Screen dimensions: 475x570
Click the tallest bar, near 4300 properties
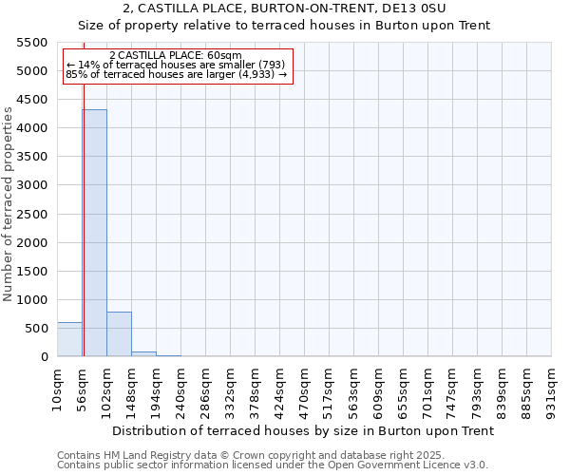point(94,233)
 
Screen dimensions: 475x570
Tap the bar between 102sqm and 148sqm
point(119,333)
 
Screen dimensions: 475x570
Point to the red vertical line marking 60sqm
point(84,209)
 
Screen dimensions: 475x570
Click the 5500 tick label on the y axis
point(32,43)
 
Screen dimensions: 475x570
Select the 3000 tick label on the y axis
point(32,185)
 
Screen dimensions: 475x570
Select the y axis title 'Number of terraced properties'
point(9,204)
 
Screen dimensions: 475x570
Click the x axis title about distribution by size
point(303,430)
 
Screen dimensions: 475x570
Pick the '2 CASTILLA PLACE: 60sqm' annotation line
point(176,56)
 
